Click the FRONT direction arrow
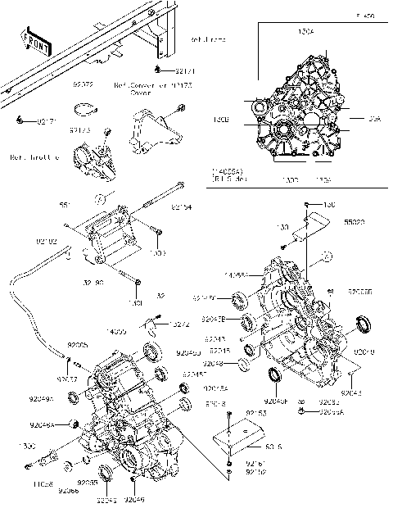tap(35, 43)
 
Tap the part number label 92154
tap(182, 208)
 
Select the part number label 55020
tap(355, 222)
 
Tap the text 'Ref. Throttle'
tap(34, 156)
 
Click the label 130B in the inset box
tap(243, 120)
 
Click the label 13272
tap(181, 324)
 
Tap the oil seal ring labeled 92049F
tap(276, 376)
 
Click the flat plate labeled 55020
tap(314, 227)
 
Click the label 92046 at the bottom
tap(135, 498)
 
